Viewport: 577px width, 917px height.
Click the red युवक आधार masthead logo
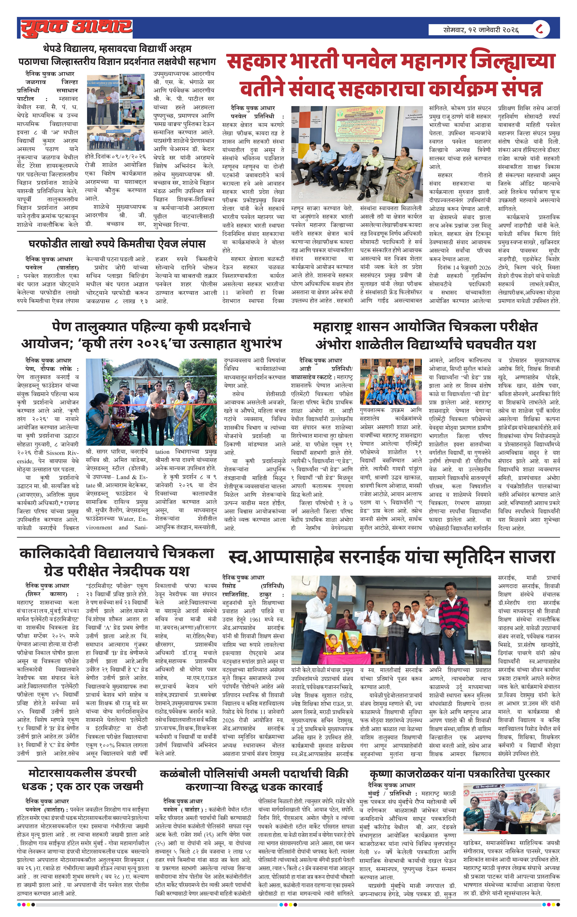76,27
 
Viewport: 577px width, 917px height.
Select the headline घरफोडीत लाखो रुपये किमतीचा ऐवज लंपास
117,244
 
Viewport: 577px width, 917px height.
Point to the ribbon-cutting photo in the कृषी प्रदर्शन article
151,402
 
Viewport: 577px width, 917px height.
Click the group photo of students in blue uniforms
391,382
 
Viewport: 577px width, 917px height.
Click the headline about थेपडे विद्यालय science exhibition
117,55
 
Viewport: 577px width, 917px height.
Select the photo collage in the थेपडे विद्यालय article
116,112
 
